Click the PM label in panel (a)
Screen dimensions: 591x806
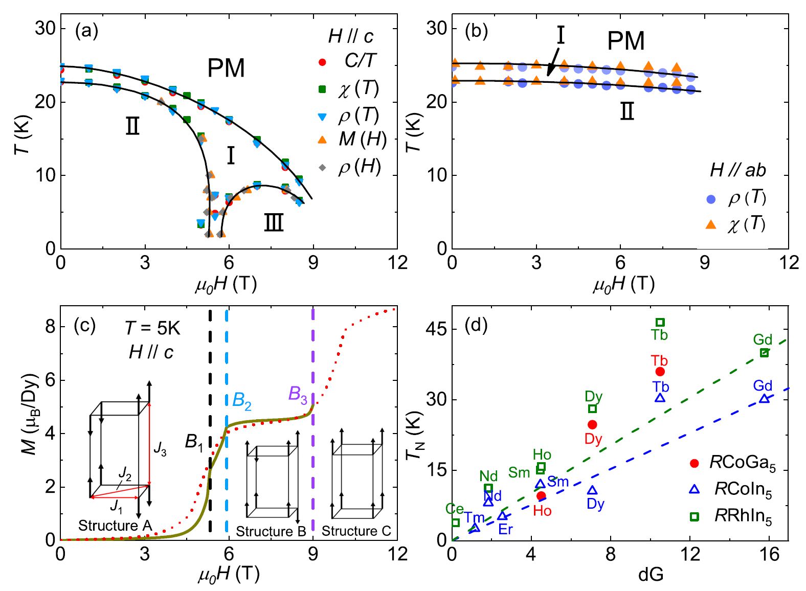point(226,68)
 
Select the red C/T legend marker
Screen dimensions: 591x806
point(322,62)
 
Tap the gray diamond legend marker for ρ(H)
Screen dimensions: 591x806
point(322,167)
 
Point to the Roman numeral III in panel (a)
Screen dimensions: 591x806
point(274,223)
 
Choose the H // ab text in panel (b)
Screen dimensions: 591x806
point(737,170)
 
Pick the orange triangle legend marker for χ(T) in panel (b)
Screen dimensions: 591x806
point(711,224)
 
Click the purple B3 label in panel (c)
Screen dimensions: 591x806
point(298,394)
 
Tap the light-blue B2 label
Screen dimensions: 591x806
point(241,400)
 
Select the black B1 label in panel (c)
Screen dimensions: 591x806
point(194,442)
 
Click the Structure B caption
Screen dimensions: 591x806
point(271,531)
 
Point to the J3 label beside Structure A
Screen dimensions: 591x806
point(160,449)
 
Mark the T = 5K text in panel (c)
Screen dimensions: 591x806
point(152,328)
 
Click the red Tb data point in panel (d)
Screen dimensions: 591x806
point(660,372)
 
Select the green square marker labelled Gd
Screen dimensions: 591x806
point(764,353)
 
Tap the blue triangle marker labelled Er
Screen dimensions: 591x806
point(503,516)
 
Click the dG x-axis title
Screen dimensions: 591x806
point(651,575)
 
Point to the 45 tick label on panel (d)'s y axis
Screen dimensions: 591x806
point(435,329)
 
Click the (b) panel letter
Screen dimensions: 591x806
point(476,31)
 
